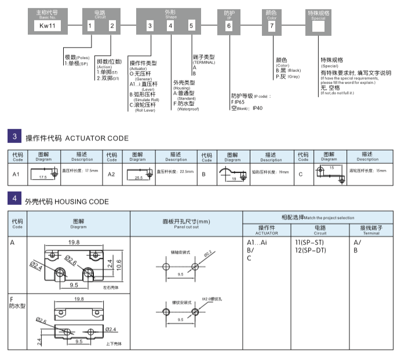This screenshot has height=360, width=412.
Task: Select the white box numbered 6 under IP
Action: pyautogui.click(x=229, y=25)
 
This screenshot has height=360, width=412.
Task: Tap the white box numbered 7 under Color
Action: pyautogui.click(x=272, y=25)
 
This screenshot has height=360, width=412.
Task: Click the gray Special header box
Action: pyautogui.click(x=318, y=13)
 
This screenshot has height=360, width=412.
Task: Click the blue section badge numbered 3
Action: pyautogui.click(x=14, y=137)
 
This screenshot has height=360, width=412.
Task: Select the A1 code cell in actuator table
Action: pyautogui.click(x=17, y=174)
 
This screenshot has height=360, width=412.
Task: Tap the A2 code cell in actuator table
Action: pyautogui.click(x=112, y=174)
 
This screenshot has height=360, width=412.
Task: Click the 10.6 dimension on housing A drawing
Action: pyautogui.click(x=118, y=264)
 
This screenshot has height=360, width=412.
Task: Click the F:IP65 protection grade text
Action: pyautogui.click(x=239, y=101)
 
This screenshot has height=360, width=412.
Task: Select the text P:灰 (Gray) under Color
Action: pyautogui.click(x=288, y=76)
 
